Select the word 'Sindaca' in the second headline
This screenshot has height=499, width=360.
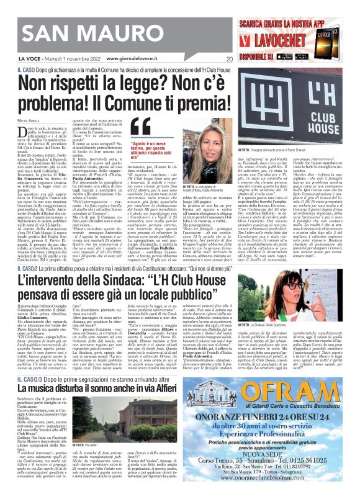[x=149, y=284]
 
